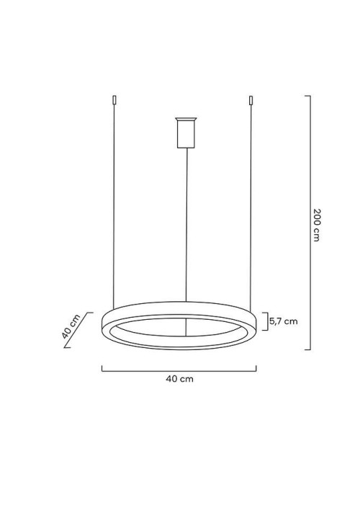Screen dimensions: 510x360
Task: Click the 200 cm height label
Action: point(317,225)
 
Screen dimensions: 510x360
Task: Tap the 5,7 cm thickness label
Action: point(284,321)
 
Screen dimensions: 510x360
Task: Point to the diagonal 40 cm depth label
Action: point(69,328)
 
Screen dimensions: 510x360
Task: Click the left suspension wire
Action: point(114,202)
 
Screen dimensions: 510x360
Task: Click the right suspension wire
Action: point(251,202)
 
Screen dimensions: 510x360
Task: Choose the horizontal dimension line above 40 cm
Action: point(179,370)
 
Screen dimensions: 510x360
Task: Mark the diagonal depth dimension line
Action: point(78,330)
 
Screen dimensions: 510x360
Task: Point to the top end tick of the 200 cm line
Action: point(307,96)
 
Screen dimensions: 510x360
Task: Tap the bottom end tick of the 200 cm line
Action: point(307,349)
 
